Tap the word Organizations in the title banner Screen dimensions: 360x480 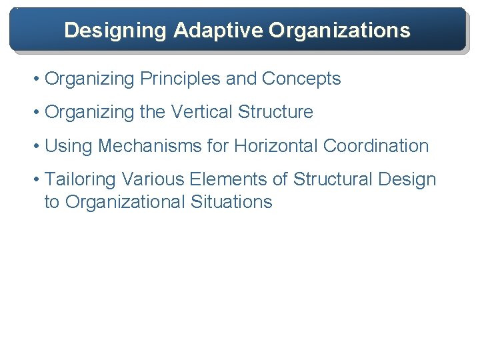[x=339, y=30]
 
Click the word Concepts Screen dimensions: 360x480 [x=301, y=79]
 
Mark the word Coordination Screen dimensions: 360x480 [x=376, y=146]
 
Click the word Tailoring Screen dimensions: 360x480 [x=80, y=179]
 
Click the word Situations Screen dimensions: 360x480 [x=233, y=202]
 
